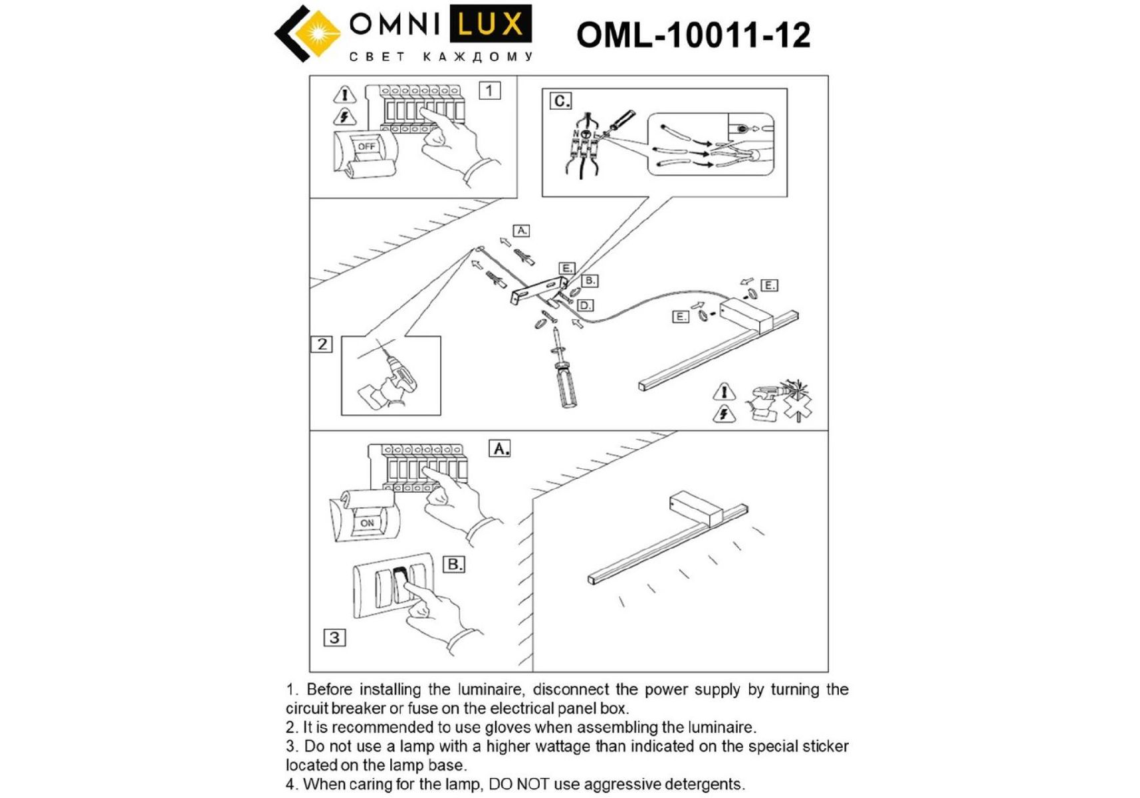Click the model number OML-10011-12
[x=693, y=35]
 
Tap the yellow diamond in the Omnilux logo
[x=314, y=33]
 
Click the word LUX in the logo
[x=491, y=25]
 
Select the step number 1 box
[x=490, y=90]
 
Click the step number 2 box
[x=322, y=344]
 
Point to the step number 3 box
[x=334, y=638]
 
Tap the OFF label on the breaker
[x=366, y=146]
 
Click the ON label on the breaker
[x=367, y=523]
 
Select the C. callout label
[x=560, y=101]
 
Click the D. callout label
[x=585, y=305]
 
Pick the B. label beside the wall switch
[x=454, y=565]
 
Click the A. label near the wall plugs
[x=522, y=231]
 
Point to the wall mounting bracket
[x=537, y=291]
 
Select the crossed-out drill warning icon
[x=782, y=400]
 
